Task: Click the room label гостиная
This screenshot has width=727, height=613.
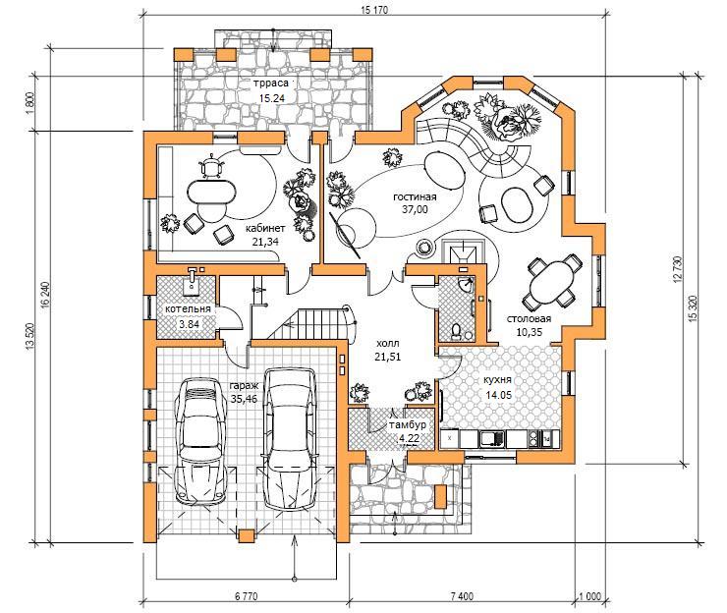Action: pyautogui.click(x=415, y=197)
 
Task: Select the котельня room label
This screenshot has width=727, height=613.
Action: pyautogui.click(x=188, y=309)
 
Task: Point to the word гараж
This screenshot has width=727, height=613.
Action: pyautogui.click(x=243, y=386)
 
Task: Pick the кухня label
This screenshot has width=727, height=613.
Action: pyautogui.click(x=497, y=380)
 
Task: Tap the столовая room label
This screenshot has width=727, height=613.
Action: pyautogui.click(x=529, y=319)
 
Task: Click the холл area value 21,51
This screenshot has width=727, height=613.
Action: pyautogui.click(x=388, y=357)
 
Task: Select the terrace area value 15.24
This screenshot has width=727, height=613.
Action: pyautogui.click(x=272, y=98)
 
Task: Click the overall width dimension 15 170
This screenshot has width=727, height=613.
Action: pyautogui.click(x=373, y=9)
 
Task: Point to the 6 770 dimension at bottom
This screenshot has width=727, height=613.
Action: pyautogui.click(x=246, y=596)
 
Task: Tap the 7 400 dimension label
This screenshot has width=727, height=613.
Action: pyautogui.click(x=462, y=596)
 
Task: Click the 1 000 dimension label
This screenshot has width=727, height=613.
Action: pyautogui.click(x=589, y=596)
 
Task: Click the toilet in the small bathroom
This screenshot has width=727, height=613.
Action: pyautogui.click(x=456, y=331)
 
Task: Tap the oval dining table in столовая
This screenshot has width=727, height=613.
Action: pyautogui.click(x=552, y=283)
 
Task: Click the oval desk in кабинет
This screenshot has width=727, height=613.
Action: pyautogui.click(x=212, y=191)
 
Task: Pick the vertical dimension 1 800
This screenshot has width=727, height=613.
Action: pyautogui.click(x=31, y=104)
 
